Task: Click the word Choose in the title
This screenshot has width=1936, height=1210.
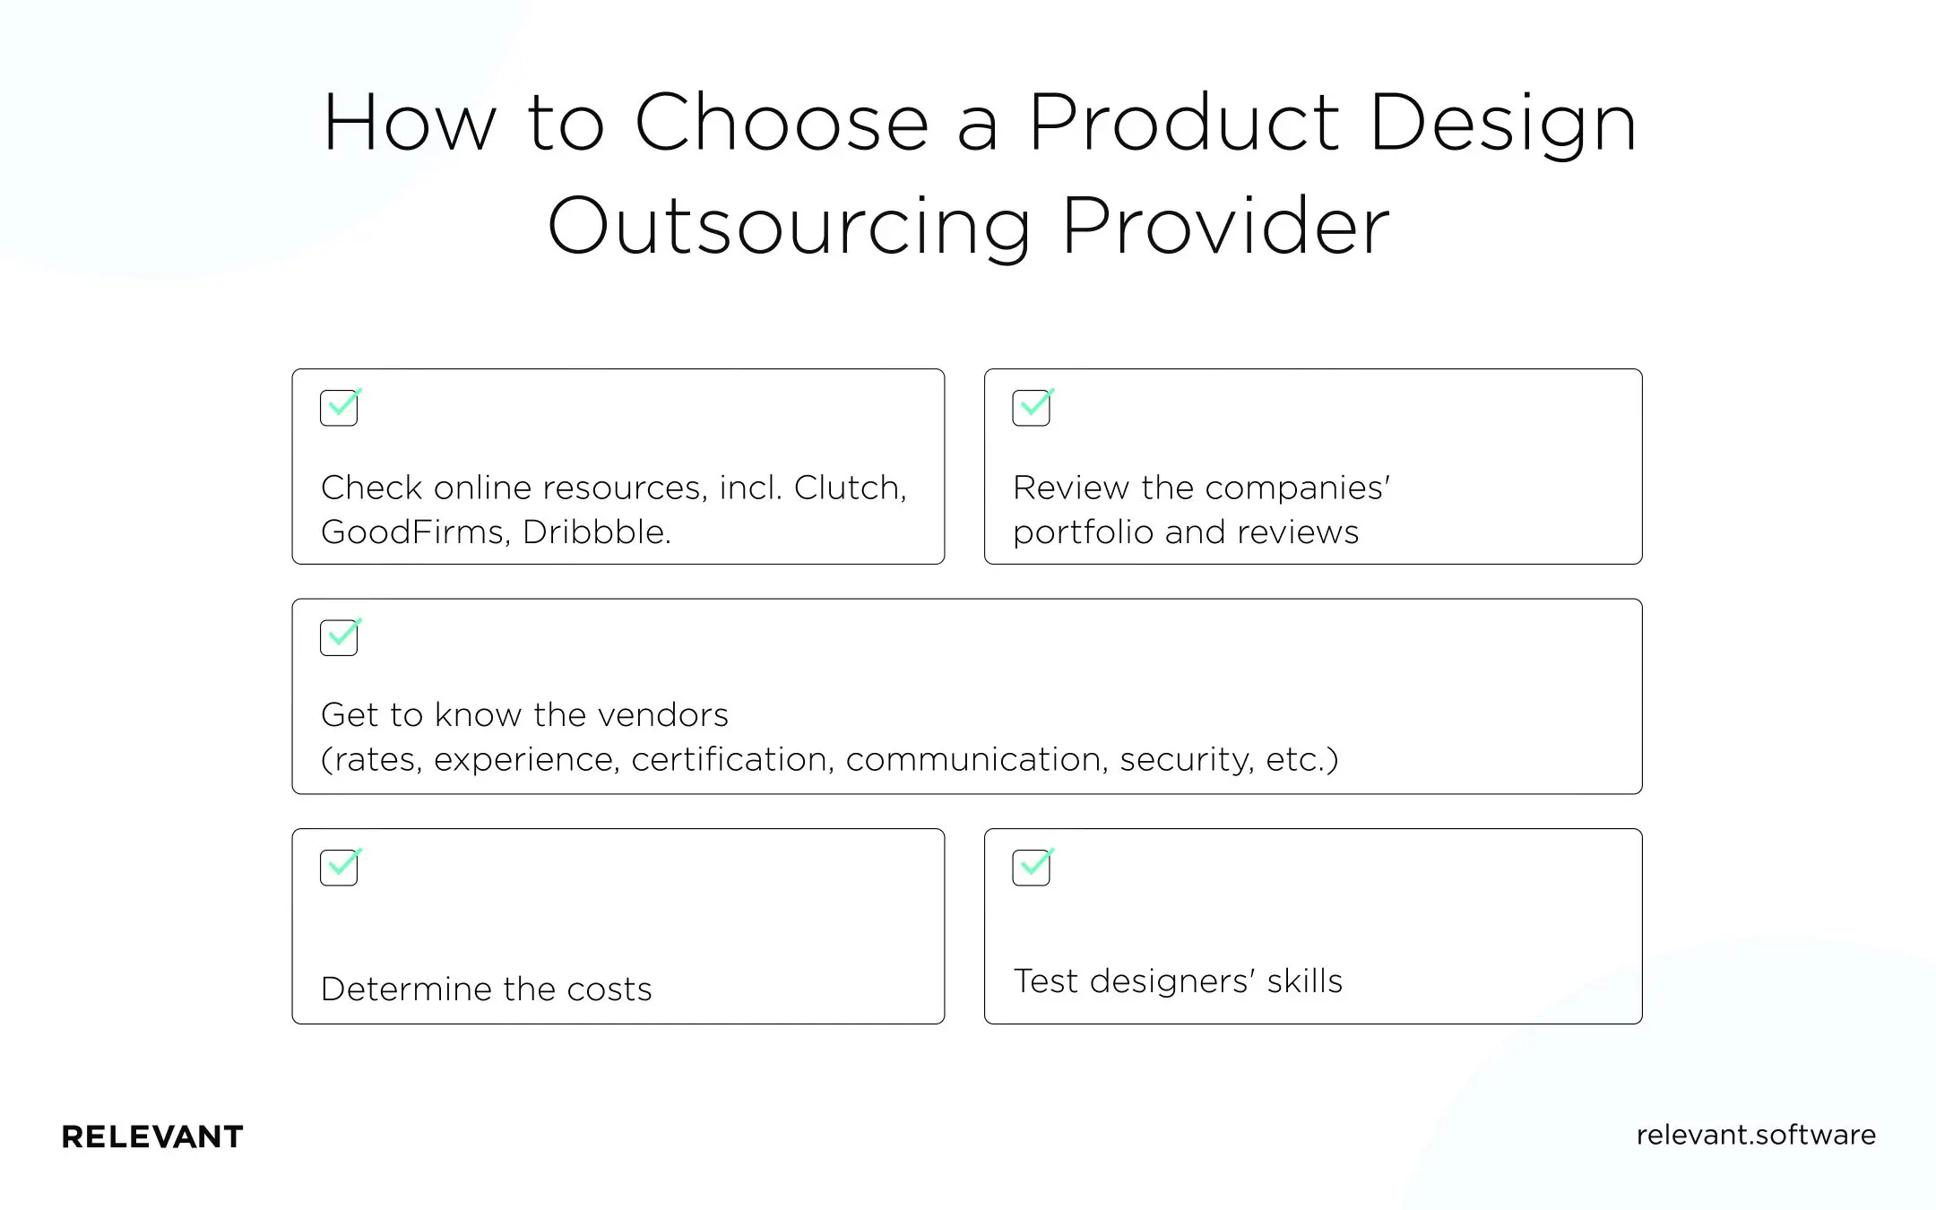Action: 781,123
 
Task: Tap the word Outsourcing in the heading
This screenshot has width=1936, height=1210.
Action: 789,227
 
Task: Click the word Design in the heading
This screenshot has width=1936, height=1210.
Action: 1503,123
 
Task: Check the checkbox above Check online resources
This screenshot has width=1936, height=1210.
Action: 339,408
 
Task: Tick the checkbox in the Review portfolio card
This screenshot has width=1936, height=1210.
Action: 1031,408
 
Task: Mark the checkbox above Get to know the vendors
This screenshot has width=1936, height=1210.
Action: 339,637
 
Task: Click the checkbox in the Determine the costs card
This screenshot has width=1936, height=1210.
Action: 339,868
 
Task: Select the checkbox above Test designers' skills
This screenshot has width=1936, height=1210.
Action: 1031,868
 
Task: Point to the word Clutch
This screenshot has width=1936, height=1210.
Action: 850,488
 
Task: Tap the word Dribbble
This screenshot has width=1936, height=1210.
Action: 596,532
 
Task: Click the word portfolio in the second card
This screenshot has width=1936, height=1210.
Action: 1083,533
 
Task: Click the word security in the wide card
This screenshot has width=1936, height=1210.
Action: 1186,760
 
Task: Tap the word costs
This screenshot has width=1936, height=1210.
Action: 609,990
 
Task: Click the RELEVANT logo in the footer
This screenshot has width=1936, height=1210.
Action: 152,1137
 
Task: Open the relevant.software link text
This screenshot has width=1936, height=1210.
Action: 1755,1136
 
